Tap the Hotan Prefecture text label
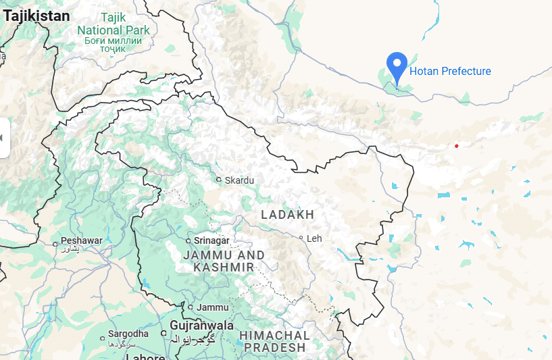(450, 72)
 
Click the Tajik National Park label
(114, 30)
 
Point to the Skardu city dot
(218, 180)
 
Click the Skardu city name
(240, 180)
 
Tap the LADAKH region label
(287, 215)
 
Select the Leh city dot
(301, 238)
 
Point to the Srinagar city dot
(189, 240)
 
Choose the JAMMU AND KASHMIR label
(223, 261)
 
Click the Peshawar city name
(82, 240)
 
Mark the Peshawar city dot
(55, 243)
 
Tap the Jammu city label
(214, 307)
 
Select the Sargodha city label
(128, 334)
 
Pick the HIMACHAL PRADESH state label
(274, 341)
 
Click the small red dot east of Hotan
(457, 146)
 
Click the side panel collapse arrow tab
(3, 138)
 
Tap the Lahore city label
(146, 357)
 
